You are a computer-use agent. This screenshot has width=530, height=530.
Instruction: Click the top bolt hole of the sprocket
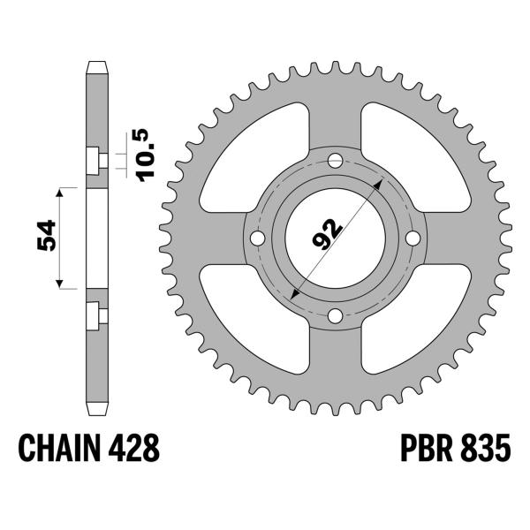[x=335, y=162]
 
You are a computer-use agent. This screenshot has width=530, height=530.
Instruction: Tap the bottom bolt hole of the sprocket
[x=335, y=315]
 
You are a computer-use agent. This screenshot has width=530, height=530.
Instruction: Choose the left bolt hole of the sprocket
[x=258, y=238]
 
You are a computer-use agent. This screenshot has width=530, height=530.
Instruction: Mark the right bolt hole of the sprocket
[x=412, y=238]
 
